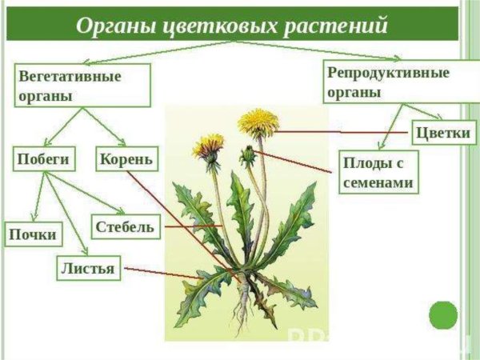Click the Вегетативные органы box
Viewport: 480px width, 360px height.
coord(83,86)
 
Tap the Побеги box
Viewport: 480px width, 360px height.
coord(42,159)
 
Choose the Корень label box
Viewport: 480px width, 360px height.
coord(126,159)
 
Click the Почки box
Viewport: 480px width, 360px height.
coord(33,234)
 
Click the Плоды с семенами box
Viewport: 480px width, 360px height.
coord(378,173)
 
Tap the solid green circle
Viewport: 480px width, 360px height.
coord(442,315)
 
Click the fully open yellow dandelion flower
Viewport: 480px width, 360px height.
coord(258,122)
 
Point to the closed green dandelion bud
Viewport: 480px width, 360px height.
coord(248,154)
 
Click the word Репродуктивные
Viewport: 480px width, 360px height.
coord(388,73)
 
